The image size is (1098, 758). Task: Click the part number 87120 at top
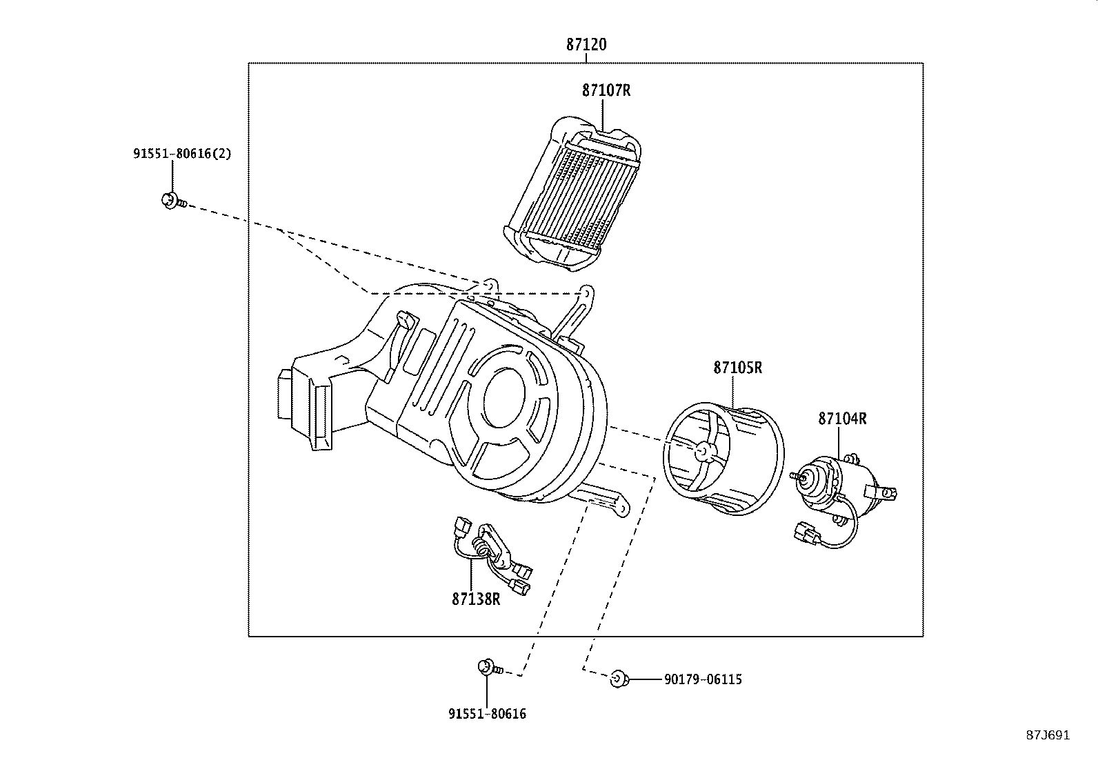pyautogui.click(x=586, y=45)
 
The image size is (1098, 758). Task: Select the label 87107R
pyautogui.click(x=606, y=90)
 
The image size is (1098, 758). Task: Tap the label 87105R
pyautogui.click(x=737, y=368)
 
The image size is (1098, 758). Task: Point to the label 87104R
pyautogui.click(x=842, y=419)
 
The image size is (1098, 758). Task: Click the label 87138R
pyautogui.click(x=476, y=599)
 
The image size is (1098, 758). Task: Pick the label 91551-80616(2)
pyautogui.click(x=182, y=154)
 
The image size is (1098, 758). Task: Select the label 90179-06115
pyautogui.click(x=703, y=679)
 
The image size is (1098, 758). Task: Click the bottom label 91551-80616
pyautogui.click(x=487, y=714)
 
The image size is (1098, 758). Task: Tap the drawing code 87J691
pyautogui.click(x=1048, y=735)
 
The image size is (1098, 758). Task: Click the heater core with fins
pyautogui.click(x=576, y=197)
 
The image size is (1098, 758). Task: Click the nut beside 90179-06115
pyautogui.click(x=617, y=679)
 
